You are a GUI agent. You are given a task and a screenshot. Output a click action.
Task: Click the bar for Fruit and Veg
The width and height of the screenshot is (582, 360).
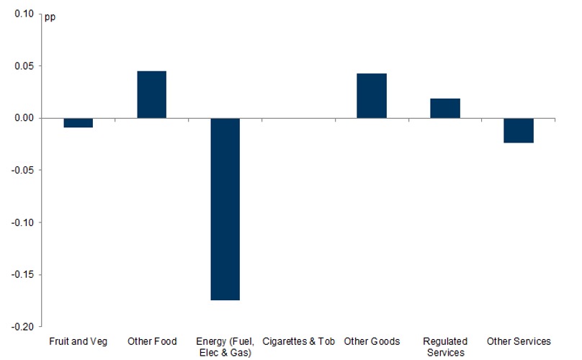[78, 122]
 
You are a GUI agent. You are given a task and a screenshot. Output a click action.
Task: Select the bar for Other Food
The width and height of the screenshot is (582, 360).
[151, 94]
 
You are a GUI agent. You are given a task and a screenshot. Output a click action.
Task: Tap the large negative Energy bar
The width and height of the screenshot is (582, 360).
[225, 209]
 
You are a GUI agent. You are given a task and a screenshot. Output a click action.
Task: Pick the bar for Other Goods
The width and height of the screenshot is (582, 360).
[372, 96]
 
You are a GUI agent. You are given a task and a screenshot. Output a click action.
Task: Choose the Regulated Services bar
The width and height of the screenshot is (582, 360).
[445, 108]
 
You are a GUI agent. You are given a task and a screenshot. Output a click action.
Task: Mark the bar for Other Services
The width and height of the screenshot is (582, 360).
[519, 130]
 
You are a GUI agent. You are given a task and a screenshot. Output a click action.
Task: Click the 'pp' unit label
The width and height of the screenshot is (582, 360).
[50, 17]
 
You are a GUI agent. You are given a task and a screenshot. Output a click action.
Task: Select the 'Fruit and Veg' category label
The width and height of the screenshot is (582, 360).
[78, 341]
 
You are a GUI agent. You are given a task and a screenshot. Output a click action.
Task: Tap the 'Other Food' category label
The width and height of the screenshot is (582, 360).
[151, 341]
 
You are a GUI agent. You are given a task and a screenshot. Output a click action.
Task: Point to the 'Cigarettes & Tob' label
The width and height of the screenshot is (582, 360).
[298, 341]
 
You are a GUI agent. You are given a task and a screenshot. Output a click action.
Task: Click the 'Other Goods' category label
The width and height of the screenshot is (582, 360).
[372, 341]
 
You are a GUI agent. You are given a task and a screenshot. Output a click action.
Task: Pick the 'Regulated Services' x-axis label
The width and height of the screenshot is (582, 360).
[445, 346]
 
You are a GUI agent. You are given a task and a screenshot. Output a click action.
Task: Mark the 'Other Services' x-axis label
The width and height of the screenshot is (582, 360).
[519, 341]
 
